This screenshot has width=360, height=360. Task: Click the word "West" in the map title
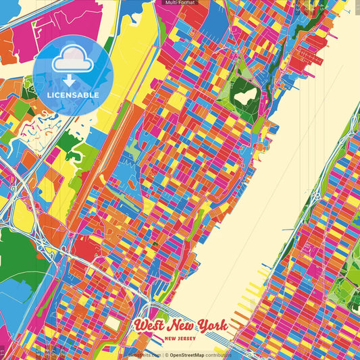pyautogui.click(x=150, y=326)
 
